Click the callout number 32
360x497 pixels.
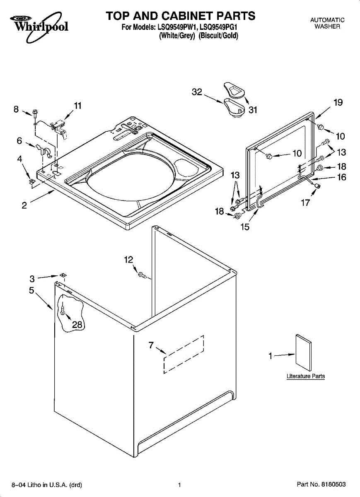[197, 92]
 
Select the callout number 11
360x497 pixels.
[77, 106]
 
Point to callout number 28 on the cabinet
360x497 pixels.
[77, 325]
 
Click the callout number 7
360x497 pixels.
[151, 345]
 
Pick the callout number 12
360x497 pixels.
[128, 260]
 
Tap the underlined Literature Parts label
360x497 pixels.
[306, 376]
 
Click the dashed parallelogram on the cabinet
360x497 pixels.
[184, 354]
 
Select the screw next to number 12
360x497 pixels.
[142, 275]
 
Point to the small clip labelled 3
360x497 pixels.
[62, 275]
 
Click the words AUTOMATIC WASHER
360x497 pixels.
[327, 23]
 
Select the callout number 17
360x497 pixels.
[305, 203]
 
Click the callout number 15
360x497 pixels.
[245, 227]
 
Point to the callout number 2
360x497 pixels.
[24, 205]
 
